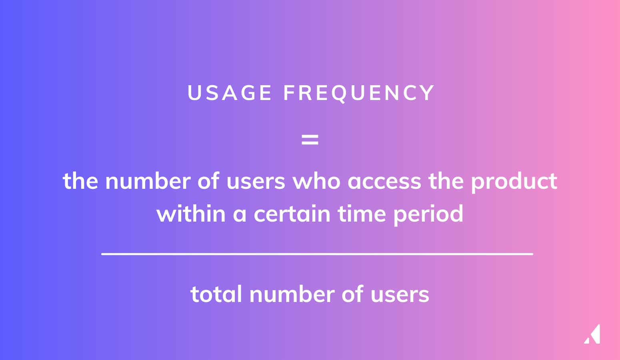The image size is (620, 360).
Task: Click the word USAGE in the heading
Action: [230, 93]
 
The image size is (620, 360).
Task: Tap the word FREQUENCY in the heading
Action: [359, 93]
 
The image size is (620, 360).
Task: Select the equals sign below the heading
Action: [310, 140]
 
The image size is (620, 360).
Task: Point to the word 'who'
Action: [316, 181]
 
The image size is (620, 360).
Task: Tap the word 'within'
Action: [191, 214]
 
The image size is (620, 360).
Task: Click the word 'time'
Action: [362, 214]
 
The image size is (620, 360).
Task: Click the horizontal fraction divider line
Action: [317, 254]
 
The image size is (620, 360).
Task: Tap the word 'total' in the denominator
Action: [216, 295]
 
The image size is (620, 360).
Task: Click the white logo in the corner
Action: [592, 334]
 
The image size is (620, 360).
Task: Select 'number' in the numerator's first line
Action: [148, 181]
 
